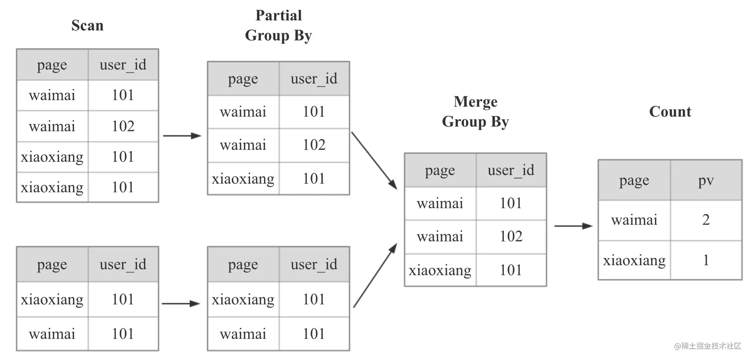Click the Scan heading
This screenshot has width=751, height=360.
(x=87, y=25)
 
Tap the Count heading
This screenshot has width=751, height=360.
(x=670, y=112)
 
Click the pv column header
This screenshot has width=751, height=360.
(x=706, y=180)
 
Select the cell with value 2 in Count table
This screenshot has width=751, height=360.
(x=706, y=220)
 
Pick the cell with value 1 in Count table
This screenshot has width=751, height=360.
(x=706, y=260)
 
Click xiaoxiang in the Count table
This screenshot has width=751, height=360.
(x=634, y=260)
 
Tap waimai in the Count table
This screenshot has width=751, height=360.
(x=634, y=220)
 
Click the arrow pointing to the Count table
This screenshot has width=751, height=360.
(x=573, y=226)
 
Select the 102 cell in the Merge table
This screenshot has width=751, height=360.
(x=511, y=237)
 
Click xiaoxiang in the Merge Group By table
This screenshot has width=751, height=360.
(x=440, y=270)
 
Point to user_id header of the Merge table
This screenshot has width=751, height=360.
(x=511, y=170)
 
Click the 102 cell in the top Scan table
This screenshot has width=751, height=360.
(x=123, y=126)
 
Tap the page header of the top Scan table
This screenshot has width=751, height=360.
(x=52, y=65)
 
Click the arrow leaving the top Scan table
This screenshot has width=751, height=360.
(x=182, y=136)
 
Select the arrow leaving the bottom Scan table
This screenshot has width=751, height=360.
(x=181, y=304)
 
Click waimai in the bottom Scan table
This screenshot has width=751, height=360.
(x=52, y=334)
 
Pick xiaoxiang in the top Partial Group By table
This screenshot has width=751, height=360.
(x=243, y=179)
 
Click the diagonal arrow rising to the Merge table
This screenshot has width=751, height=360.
(x=375, y=276)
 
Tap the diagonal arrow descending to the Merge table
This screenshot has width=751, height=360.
(x=374, y=161)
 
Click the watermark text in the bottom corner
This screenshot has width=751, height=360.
(x=708, y=346)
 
